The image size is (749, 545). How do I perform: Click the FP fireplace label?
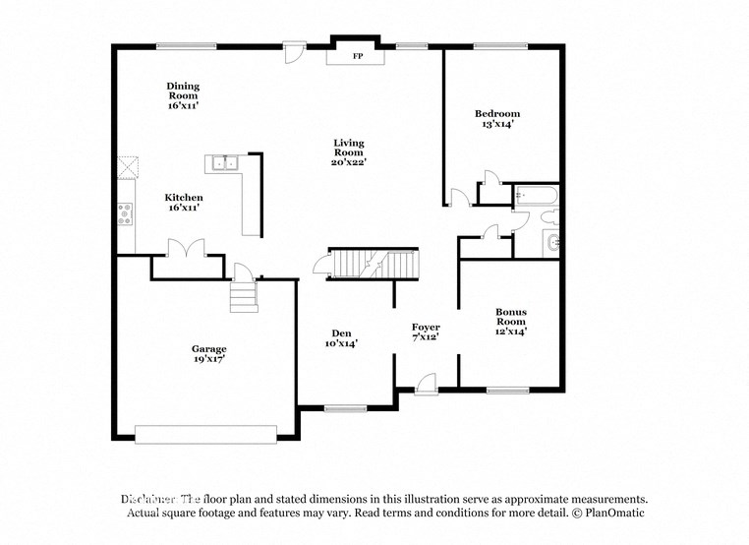tap(356, 57)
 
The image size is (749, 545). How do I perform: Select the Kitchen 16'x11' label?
tap(184, 203)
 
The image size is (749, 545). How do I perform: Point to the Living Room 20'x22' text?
tap(349, 152)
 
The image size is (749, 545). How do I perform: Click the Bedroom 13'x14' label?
tap(497, 119)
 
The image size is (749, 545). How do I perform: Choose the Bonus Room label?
tap(510, 322)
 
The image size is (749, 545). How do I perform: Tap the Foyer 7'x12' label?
tap(426, 332)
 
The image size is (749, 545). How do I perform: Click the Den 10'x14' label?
tap(341, 338)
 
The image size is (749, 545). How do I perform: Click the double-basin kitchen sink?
tap(224, 163)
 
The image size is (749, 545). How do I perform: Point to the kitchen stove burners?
tap(125, 213)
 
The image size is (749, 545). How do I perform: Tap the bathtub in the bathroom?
tap(535, 195)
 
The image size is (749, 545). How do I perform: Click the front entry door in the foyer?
tap(426, 386)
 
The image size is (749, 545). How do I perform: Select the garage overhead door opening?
tap(205, 434)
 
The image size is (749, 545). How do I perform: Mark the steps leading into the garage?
tap(243, 296)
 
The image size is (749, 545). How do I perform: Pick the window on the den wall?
tap(344, 407)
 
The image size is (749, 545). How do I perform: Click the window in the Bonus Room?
tap(508, 391)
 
